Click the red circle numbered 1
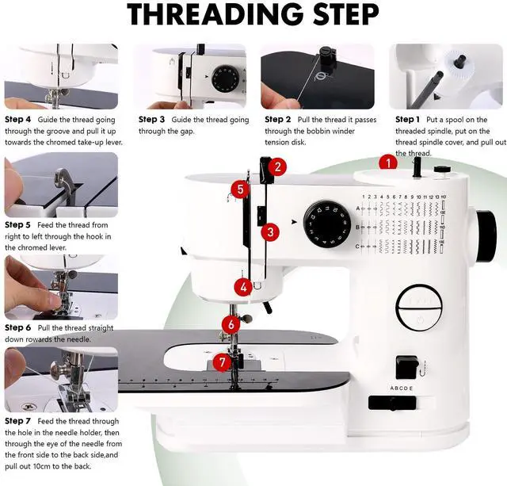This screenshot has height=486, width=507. (x=388, y=163)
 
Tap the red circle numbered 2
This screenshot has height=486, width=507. (x=277, y=167)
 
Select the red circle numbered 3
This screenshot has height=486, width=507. (x=270, y=232)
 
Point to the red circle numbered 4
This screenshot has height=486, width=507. (x=243, y=287)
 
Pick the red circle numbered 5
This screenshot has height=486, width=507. (x=240, y=189)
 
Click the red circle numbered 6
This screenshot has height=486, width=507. (x=231, y=324)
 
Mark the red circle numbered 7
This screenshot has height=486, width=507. (x=222, y=362)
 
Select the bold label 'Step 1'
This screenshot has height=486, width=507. (x=407, y=120)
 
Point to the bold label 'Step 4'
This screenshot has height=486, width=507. (x=17, y=120)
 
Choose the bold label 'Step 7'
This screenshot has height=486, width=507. (x=17, y=421)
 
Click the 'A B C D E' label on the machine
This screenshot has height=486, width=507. (x=402, y=388)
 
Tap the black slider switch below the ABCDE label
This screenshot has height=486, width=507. (x=392, y=403)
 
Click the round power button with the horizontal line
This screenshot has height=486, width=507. (x=419, y=308)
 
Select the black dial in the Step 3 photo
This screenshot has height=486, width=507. (x=225, y=78)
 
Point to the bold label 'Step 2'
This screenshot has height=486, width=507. (x=278, y=120)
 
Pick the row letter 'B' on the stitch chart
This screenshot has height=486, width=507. (x=357, y=228)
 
